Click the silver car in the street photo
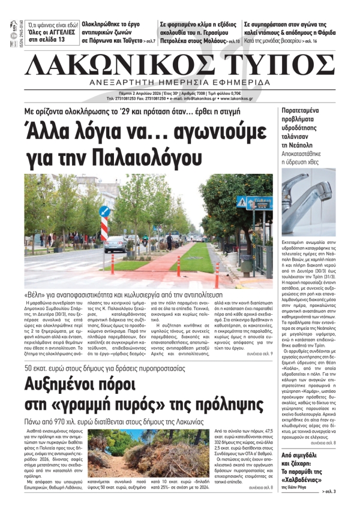pyautogui.click(x=116, y=243)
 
